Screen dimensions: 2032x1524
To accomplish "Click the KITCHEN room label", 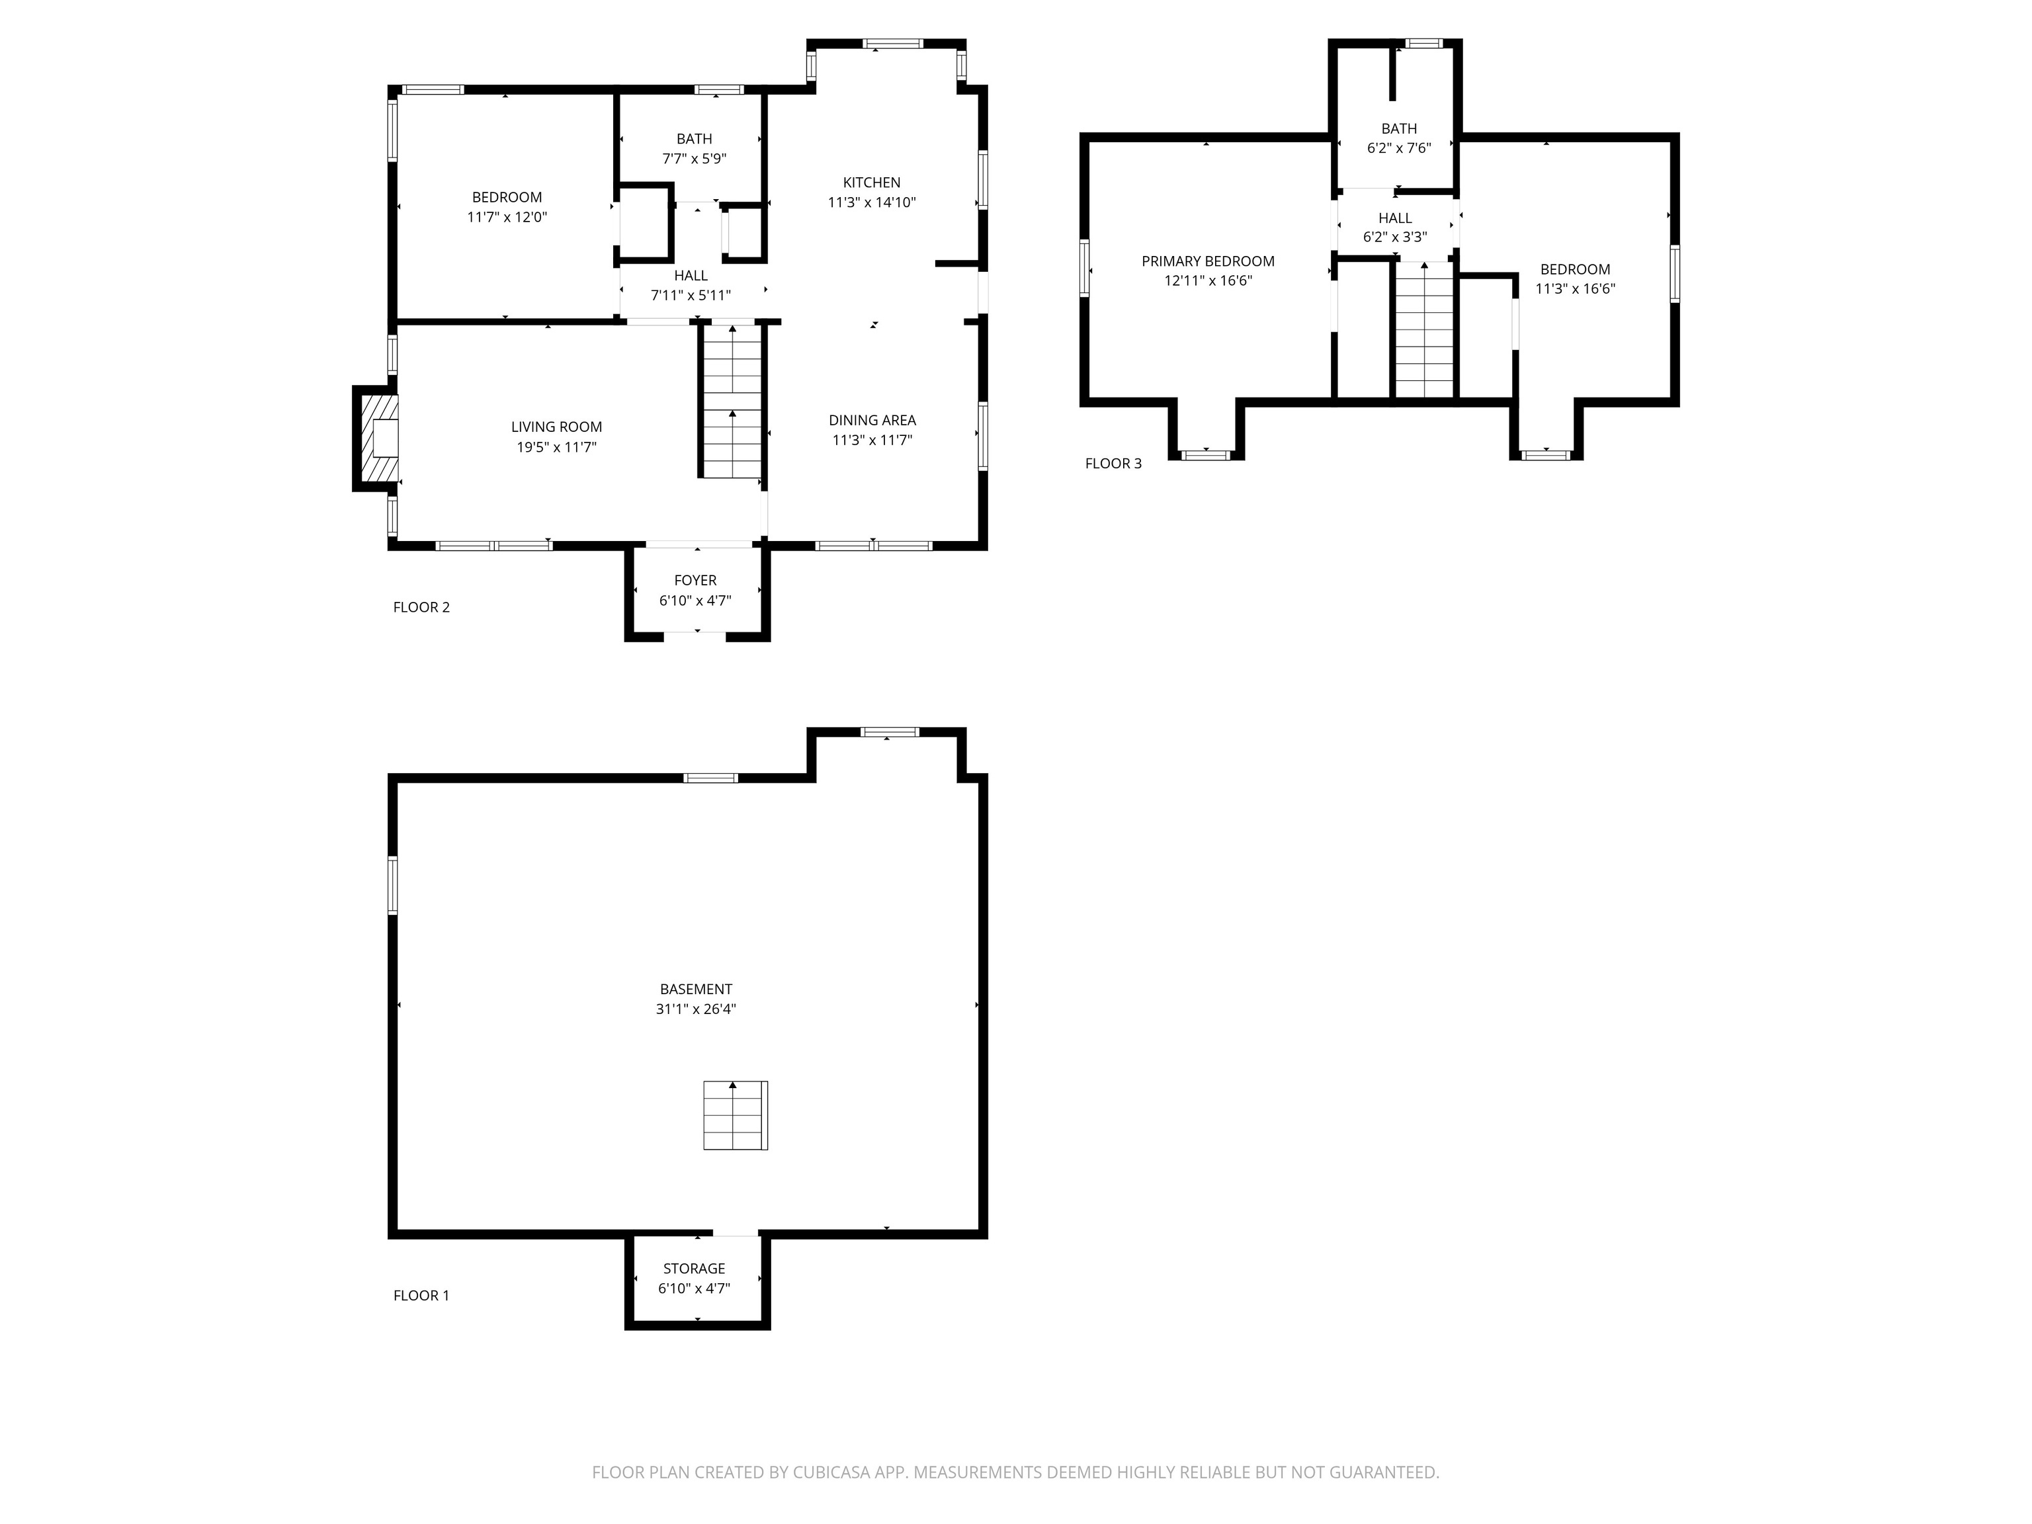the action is (x=872, y=183).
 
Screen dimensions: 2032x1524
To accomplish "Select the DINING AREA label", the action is (x=872, y=421).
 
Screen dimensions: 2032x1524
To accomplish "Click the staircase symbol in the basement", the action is (x=735, y=1115).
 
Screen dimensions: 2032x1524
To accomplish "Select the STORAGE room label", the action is (x=695, y=1269).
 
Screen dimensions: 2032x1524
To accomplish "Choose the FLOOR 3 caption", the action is (x=1113, y=464).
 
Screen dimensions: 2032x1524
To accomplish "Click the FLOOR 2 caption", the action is (x=421, y=607).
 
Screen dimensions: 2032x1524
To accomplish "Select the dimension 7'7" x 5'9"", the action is (x=695, y=159).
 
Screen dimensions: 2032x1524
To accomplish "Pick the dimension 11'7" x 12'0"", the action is (x=507, y=218).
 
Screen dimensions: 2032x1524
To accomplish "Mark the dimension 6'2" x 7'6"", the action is (x=1399, y=148).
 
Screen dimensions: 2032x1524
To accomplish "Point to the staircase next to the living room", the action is (x=732, y=401).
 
